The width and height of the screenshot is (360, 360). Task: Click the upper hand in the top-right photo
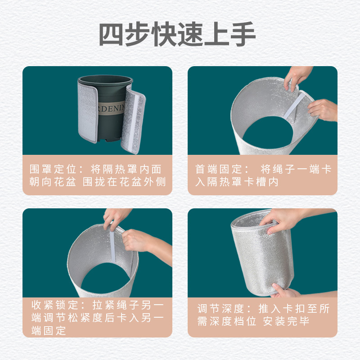(297, 76)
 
